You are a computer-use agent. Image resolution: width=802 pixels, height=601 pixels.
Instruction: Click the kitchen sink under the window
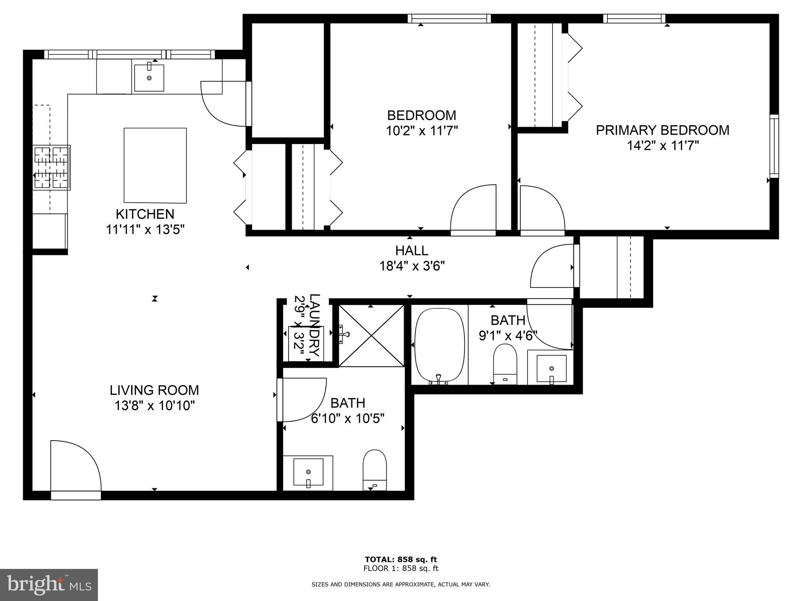[x=149, y=78]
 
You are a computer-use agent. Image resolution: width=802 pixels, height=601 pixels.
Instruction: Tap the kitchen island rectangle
[x=155, y=165]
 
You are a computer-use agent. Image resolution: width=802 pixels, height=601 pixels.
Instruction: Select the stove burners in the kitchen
[x=51, y=167]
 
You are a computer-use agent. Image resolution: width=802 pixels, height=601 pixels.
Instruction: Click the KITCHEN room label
[x=145, y=214]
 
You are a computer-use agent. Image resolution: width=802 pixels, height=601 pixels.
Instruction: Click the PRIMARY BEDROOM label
[x=662, y=130]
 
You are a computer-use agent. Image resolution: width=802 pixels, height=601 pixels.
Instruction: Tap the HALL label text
[x=412, y=250]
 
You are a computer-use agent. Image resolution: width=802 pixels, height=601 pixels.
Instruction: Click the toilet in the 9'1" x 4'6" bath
[x=505, y=364]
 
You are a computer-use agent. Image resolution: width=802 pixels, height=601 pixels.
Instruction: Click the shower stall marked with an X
[x=371, y=336]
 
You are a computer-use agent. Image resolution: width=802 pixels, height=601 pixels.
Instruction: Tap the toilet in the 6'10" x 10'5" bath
[x=375, y=470]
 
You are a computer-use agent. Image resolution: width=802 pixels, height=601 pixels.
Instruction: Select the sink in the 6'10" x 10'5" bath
[x=308, y=472]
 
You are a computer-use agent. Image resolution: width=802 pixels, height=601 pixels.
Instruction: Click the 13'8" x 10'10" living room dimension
[x=154, y=406]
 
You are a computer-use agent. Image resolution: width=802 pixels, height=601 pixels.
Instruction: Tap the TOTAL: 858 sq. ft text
[x=401, y=559]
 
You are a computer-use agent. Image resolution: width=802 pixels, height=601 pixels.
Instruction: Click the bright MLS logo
[x=49, y=585]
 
